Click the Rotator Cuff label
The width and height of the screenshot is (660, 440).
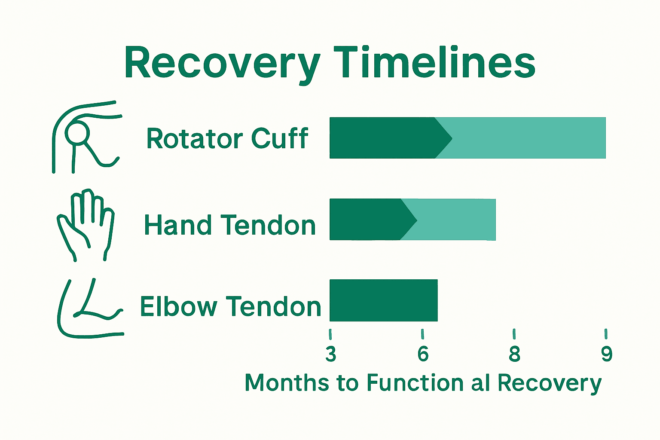tap(227, 139)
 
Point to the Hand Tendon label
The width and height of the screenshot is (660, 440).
tap(230, 225)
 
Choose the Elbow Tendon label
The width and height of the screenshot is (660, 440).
tap(231, 306)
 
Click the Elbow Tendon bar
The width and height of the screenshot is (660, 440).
tap(383, 300)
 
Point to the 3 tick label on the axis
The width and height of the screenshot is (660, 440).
tap(330, 354)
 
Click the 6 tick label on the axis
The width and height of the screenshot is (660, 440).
tap(423, 354)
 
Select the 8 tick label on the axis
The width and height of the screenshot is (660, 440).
tap(514, 354)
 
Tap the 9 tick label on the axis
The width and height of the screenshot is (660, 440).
tap(606, 354)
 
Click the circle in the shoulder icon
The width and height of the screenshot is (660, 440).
tap(77, 133)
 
